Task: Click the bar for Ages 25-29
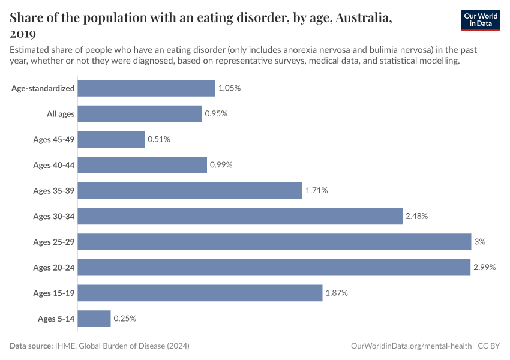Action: (x=274, y=242)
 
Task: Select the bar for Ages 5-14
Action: (x=94, y=319)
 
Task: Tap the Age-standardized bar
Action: (x=146, y=88)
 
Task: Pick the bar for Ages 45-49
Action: (x=111, y=139)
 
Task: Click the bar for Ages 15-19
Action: (x=200, y=293)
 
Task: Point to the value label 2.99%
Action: (x=484, y=268)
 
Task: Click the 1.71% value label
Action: (x=316, y=191)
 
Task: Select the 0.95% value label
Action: (x=216, y=114)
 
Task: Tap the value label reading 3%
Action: (x=479, y=242)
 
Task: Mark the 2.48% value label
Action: (x=416, y=216)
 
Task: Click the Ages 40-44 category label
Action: (x=54, y=165)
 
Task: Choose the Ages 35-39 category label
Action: (x=54, y=191)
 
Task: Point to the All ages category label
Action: (x=61, y=114)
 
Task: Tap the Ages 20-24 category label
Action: (x=54, y=268)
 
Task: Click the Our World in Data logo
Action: (x=481, y=20)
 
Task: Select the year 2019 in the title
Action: (x=23, y=34)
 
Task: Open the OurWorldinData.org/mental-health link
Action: (x=411, y=346)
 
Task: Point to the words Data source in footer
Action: (x=31, y=346)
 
